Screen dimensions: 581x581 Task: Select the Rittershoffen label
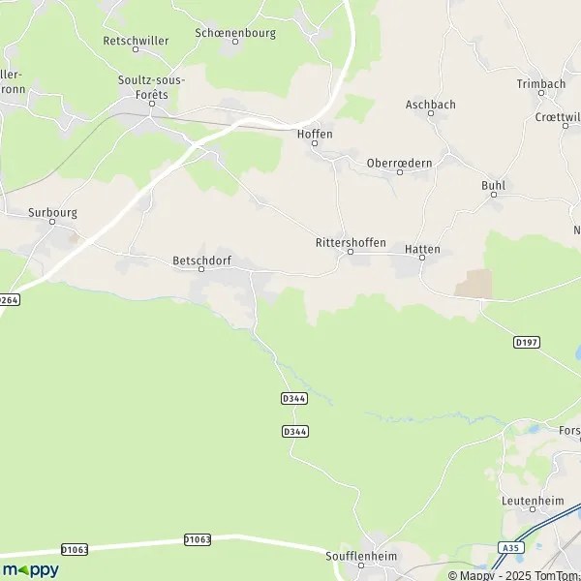tap(351, 242)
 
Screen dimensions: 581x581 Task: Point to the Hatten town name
tap(422, 249)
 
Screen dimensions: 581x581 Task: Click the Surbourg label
tap(52, 211)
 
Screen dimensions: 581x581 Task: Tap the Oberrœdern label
tap(399, 163)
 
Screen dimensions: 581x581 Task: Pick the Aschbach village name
tap(431, 105)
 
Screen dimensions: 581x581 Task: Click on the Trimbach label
tap(540, 84)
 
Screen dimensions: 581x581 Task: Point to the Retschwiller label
tap(136, 41)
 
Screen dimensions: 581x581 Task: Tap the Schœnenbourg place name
tap(235, 32)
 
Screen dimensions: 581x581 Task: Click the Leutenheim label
tap(527, 501)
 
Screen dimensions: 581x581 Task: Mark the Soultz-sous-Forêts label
tap(152, 86)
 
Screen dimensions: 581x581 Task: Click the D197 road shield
tap(527, 343)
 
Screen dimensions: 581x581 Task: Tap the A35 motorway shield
tap(509, 548)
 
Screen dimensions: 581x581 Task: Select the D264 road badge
tap(9, 300)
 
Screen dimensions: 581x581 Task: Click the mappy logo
tap(30, 569)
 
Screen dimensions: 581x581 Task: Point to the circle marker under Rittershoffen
tap(351, 254)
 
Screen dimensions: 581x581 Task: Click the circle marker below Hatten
tap(422, 259)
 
